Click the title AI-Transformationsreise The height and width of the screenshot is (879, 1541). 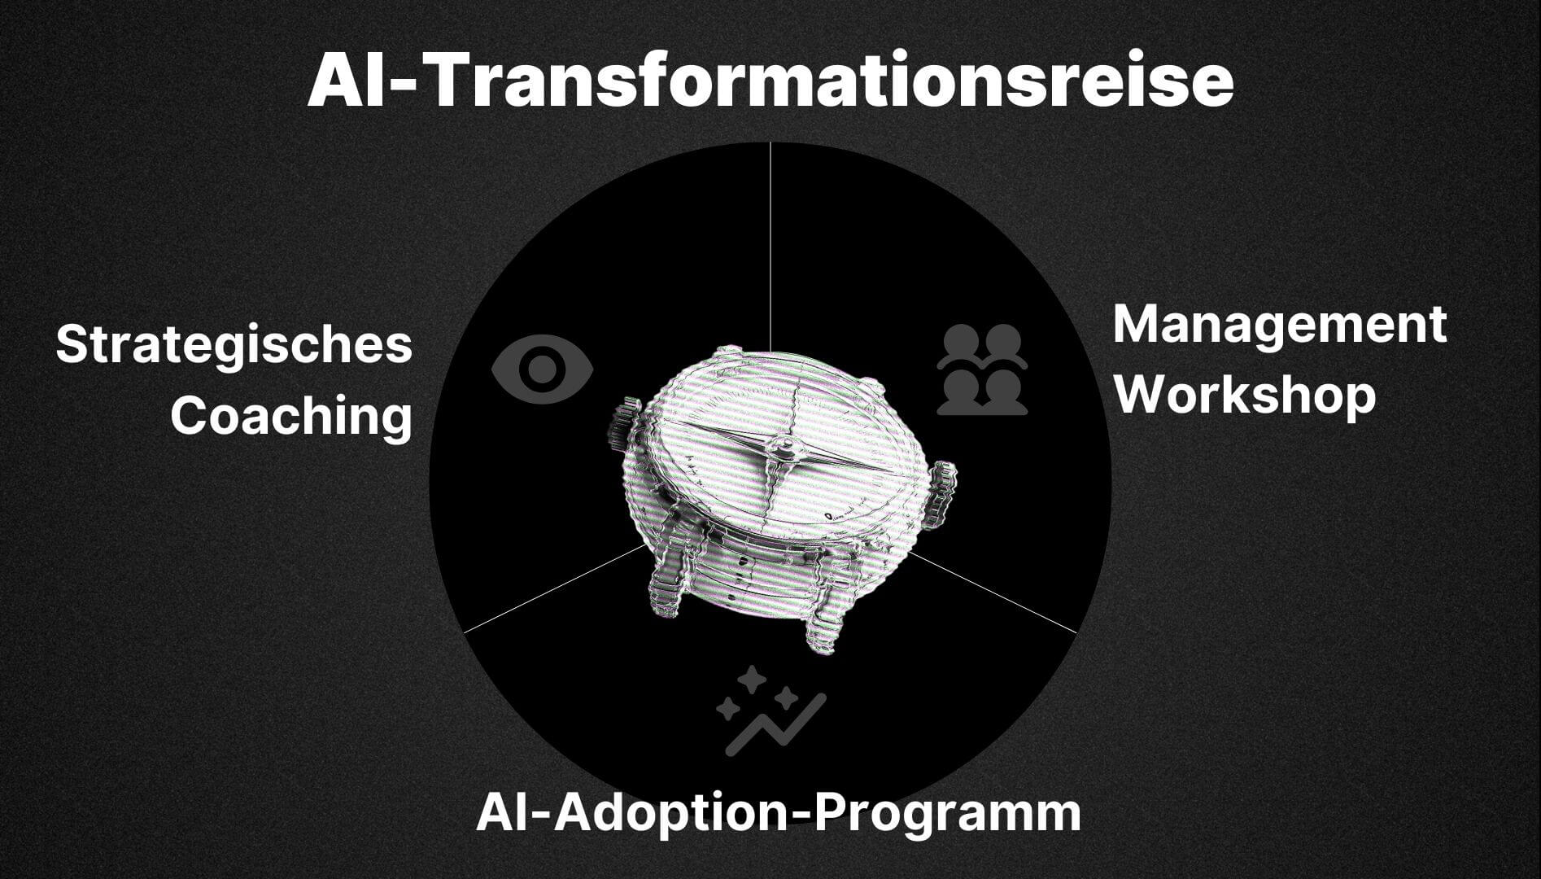pos(770,81)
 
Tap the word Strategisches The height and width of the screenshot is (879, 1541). pos(234,345)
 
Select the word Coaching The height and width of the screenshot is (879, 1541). pos(291,416)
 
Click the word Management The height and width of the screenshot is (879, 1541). pos(1280,325)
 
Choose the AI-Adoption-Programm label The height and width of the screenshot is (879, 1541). pos(779,813)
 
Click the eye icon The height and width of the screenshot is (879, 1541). pos(542,370)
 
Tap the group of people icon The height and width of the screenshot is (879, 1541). pos(982,370)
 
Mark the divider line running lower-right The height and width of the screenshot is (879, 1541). pos(993,592)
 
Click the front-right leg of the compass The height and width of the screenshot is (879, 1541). pos(826,606)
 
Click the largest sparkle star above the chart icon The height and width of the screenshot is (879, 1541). pos(752,679)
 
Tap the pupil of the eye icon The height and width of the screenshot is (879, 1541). pos(542,370)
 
